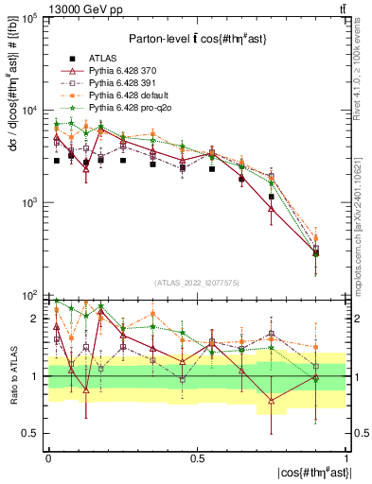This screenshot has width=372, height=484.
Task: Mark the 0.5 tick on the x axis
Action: pyautogui.click(x=197, y=458)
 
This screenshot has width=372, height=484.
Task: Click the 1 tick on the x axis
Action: pyautogui.click(x=345, y=458)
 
